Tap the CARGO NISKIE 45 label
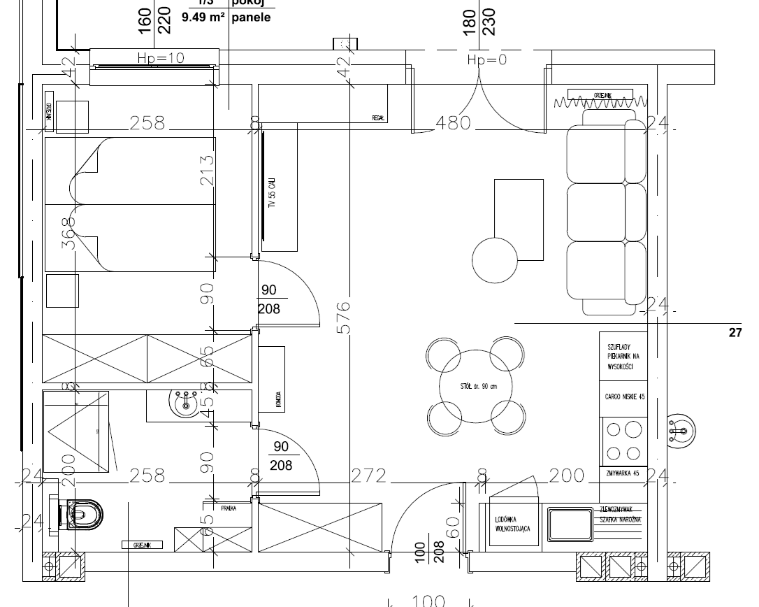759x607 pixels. (x=623, y=397)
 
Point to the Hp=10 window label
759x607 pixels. (x=160, y=58)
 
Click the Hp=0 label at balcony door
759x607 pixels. (x=486, y=60)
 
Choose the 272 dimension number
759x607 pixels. (x=368, y=476)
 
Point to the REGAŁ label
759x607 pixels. (x=379, y=118)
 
